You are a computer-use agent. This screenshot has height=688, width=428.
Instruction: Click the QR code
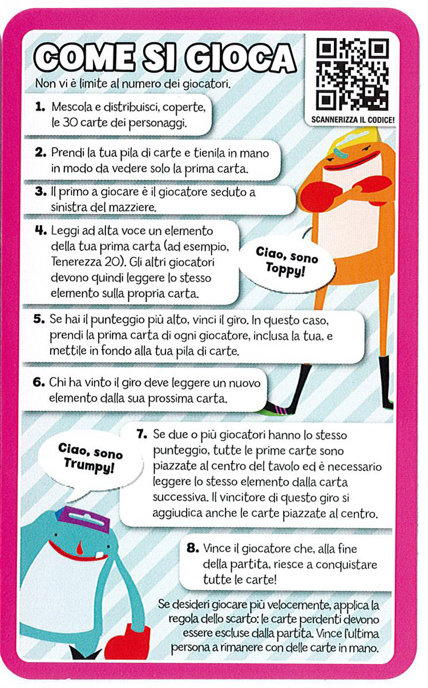coord(353,74)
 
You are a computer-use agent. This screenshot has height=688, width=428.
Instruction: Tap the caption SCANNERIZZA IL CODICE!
coord(353,120)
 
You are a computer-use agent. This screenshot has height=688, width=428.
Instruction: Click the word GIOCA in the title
coord(240,58)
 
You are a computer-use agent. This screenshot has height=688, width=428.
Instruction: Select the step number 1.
coord(41,107)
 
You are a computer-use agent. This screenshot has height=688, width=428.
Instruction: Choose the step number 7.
coord(142,434)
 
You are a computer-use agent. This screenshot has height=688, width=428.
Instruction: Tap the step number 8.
coord(193,547)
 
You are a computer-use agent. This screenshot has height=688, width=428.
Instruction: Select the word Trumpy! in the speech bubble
coord(89,464)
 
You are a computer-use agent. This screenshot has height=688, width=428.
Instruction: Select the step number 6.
coord(39,382)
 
